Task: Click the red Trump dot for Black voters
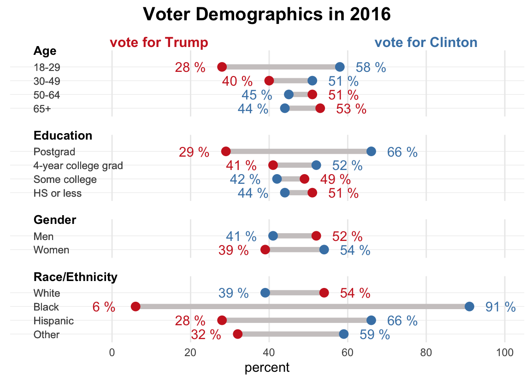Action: [x=136, y=307]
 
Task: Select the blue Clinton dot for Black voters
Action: [x=469, y=307]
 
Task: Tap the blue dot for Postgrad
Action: [x=371, y=152]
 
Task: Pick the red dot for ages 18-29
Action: [x=222, y=67]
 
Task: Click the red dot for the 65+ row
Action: [x=320, y=108]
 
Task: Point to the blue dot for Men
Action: [x=273, y=236]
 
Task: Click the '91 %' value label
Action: [x=500, y=307]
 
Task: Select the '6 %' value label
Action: [x=104, y=307]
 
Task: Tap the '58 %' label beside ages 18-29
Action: [x=371, y=67]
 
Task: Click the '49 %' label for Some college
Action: [x=335, y=180]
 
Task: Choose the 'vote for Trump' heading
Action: [x=159, y=42]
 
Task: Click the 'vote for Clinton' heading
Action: [x=426, y=42]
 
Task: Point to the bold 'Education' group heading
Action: [x=63, y=136]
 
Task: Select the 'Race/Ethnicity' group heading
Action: [x=75, y=277]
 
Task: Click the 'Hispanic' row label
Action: [x=53, y=321]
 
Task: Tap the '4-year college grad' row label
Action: [x=78, y=165]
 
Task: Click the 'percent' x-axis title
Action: [x=267, y=368]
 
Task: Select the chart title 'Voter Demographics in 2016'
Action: [x=266, y=15]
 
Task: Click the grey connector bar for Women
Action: [x=295, y=250]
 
